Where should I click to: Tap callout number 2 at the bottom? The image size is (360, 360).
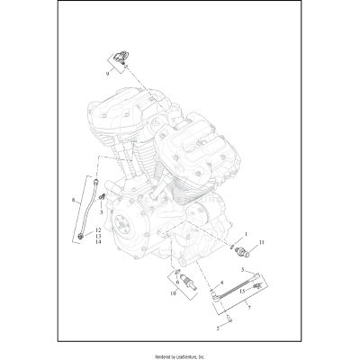(x=216, y=329)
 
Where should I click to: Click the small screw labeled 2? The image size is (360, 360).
(x=228, y=317)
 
